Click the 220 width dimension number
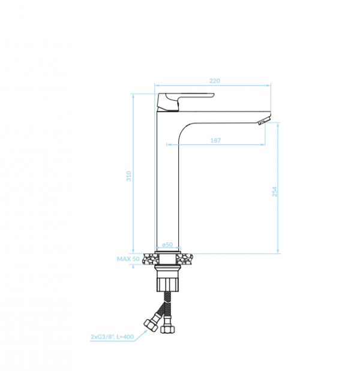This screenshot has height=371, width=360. (x=215, y=81)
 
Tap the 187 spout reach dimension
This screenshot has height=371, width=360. (x=215, y=140)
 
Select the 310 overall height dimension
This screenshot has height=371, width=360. (x=128, y=176)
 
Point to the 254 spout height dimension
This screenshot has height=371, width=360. (x=275, y=191)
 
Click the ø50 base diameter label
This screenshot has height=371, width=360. (x=167, y=245)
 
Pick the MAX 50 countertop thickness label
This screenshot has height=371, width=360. (x=128, y=259)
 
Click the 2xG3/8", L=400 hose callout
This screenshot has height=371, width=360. (x=112, y=337)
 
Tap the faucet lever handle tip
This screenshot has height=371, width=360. (x=212, y=95)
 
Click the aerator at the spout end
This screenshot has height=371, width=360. (x=264, y=120)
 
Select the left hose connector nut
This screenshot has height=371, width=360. (x=151, y=325)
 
